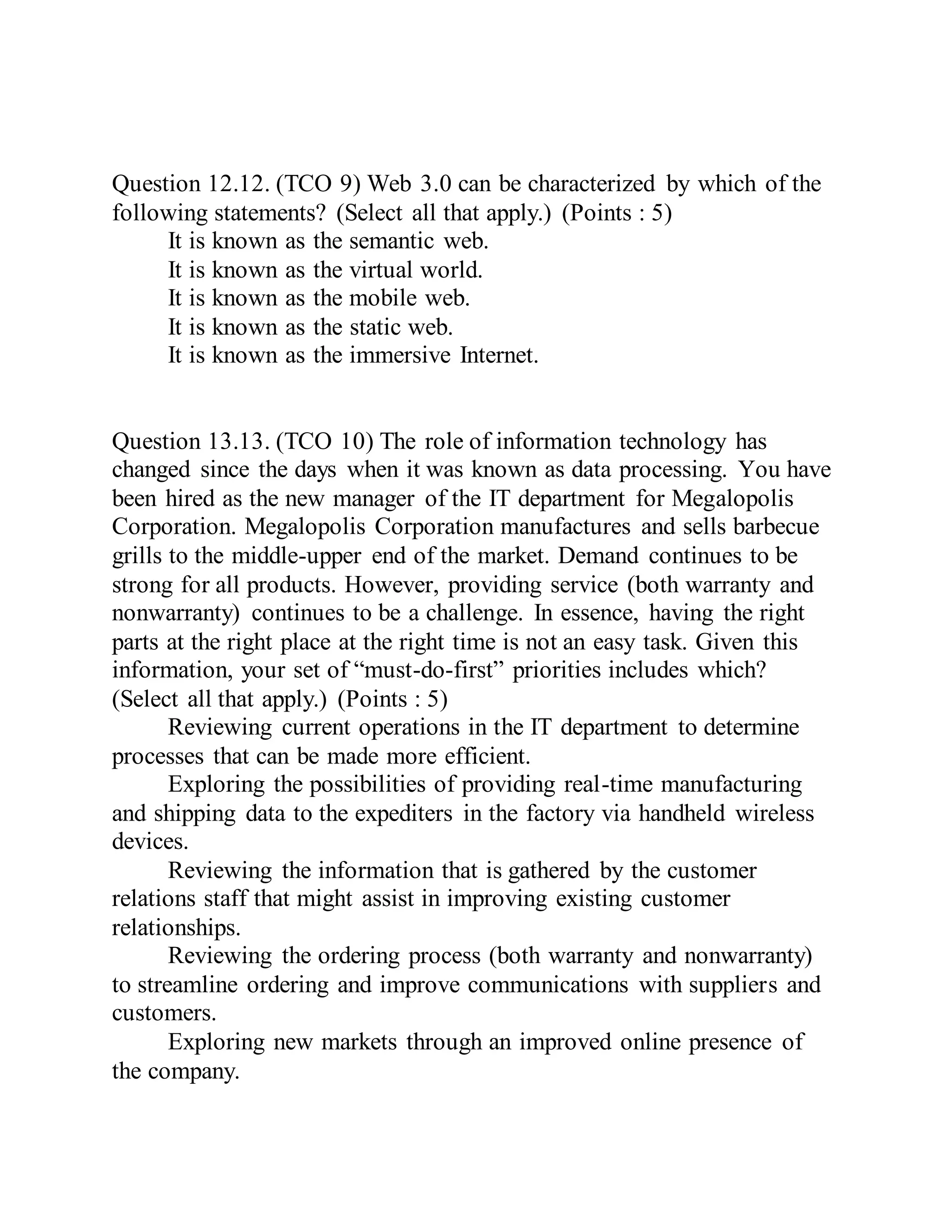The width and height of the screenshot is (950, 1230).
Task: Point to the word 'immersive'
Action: [x=399, y=356]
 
